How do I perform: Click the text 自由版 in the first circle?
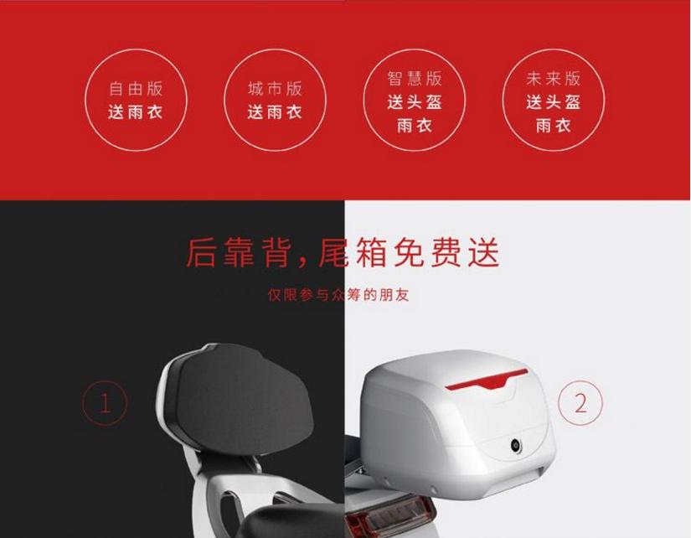(135, 89)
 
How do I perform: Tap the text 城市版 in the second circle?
(274, 89)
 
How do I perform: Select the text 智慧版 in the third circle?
(414, 79)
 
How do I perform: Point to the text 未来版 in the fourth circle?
(553, 79)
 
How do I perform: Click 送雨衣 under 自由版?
(135, 112)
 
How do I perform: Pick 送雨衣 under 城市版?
(274, 112)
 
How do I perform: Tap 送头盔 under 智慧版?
(414, 102)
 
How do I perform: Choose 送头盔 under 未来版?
(553, 102)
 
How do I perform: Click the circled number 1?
(105, 404)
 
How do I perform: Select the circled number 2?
(580, 403)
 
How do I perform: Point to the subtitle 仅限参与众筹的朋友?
(338, 295)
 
